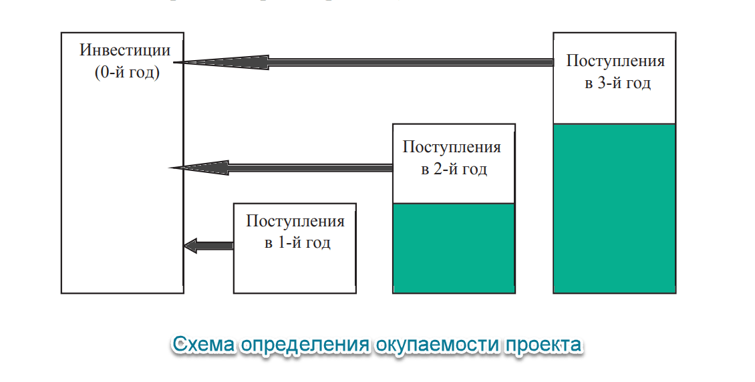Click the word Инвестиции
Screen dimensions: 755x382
(x=125, y=51)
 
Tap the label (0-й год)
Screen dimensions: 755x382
(x=127, y=73)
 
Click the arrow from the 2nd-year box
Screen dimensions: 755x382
(x=281, y=168)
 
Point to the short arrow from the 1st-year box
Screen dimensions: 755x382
(x=208, y=245)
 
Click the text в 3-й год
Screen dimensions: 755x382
(x=618, y=83)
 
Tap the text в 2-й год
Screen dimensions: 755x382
(x=454, y=170)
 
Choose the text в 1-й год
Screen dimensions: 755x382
(x=297, y=242)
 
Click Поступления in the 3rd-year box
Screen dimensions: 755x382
(x=615, y=61)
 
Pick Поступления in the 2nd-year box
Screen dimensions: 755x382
(x=452, y=147)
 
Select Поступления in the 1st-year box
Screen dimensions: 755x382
(x=295, y=221)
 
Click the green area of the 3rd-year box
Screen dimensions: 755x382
(x=615, y=208)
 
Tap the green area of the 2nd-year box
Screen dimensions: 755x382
(x=454, y=248)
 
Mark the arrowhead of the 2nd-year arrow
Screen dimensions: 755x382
(x=199, y=168)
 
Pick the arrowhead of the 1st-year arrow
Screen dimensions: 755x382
(x=190, y=245)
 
